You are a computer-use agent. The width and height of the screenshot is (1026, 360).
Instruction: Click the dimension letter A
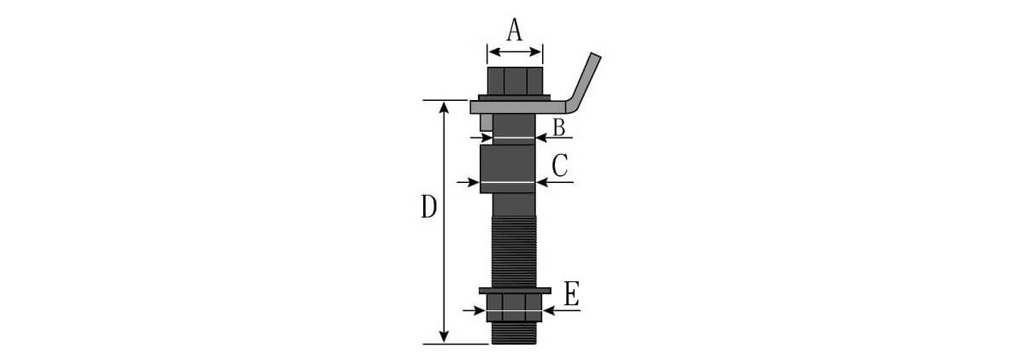[x=514, y=30]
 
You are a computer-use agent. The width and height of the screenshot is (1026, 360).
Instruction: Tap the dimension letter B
[x=558, y=127]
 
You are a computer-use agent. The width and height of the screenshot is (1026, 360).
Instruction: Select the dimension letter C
[x=560, y=166]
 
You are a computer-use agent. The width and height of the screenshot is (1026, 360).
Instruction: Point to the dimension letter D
[x=429, y=208]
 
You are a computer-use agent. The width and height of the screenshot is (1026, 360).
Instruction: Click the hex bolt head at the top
[x=514, y=81]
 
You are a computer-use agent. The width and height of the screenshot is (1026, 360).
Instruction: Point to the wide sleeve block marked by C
[x=508, y=169]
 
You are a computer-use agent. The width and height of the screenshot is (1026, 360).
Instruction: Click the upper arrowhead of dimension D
[x=444, y=106]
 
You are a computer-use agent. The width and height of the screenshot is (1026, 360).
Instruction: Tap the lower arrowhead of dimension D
[x=444, y=338]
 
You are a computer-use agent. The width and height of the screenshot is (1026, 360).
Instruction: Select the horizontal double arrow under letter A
[x=514, y=53]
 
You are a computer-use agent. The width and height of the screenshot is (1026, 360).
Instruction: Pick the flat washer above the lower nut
[x=514, y=292]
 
